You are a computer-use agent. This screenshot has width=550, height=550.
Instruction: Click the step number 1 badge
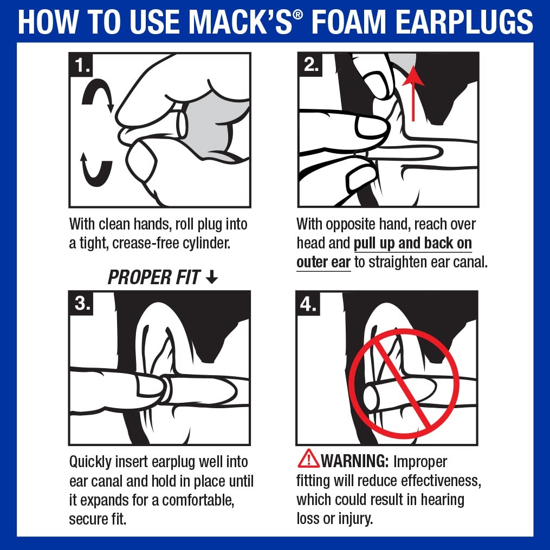click(83, 66)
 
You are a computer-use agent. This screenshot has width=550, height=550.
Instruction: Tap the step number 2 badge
click(310, 65)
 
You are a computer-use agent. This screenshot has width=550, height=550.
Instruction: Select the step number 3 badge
click(82, 304)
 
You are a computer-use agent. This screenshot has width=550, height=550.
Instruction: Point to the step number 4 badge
click(309, 304)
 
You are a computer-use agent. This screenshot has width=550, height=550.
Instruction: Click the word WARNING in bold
click(354, 461)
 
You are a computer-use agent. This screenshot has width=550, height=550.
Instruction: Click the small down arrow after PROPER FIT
click(212, 277)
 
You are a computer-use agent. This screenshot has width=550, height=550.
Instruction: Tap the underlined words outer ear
click(323, 263)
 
